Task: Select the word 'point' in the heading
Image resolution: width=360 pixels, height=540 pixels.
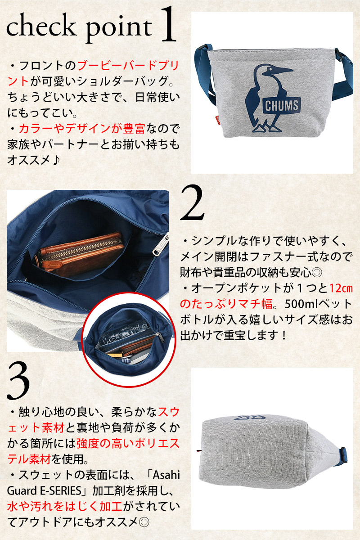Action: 119,28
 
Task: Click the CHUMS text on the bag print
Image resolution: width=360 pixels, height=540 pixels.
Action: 281,106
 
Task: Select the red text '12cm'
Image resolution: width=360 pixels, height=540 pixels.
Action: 341,288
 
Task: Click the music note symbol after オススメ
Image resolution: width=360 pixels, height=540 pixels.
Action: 55,160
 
